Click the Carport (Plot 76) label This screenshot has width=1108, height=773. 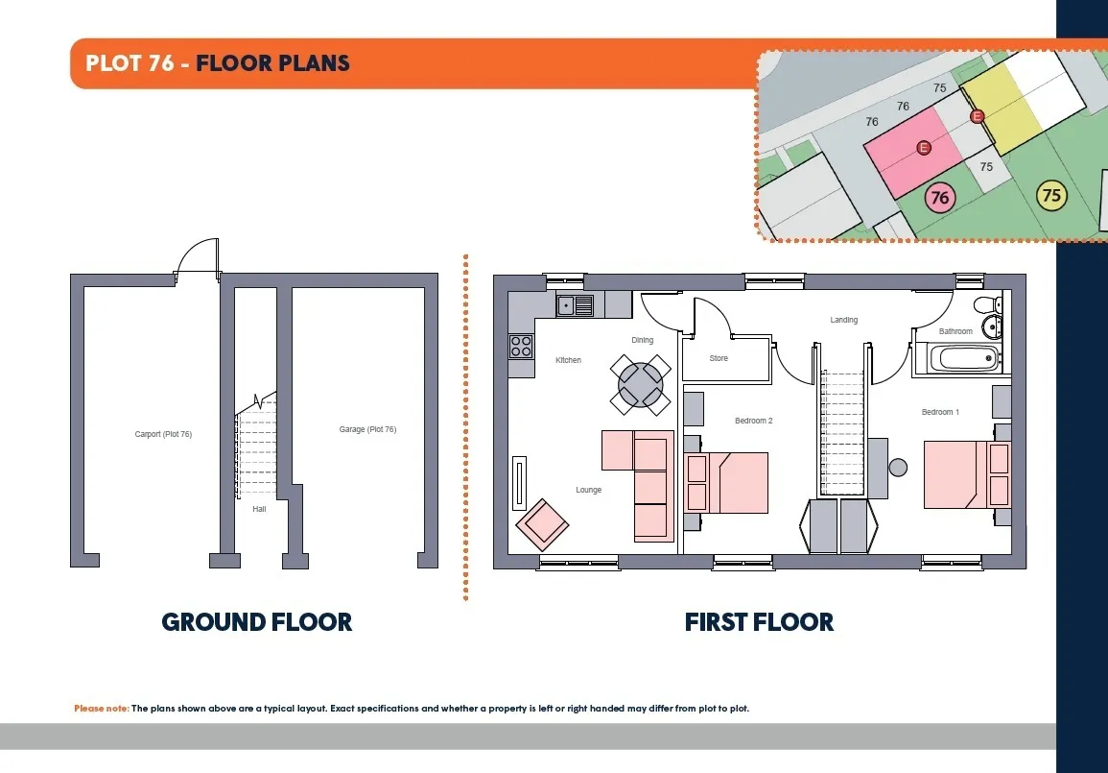pyautogui.click(x=163, y=434)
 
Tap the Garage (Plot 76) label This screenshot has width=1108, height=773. pyautogui.click(x=367, y=429)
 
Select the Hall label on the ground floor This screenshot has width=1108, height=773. pyautogui.click(x=259, y=509)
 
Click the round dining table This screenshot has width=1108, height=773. pyautogui.click(x=640, y=385)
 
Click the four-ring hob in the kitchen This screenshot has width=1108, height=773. pyautogui.click(x=522, y=347)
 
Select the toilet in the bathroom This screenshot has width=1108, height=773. pyautogui.click(x=987, y=305)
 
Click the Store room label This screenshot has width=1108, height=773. pyautogui.click(x=719, y=358)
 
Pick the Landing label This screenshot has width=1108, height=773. pyautogui.click(x=844, y=320)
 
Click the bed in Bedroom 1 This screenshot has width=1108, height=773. pyautogui.click(x=967, y=474)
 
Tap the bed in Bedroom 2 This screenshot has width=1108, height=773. pyautogui.click(x=726, y=483)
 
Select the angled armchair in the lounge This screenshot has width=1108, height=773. pyautogui.click(x=542, y=524)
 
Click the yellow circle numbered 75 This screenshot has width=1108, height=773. pyautogui.click(x=1051, y=195)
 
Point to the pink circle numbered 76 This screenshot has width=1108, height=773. pyautogui.click(x=940, y=197)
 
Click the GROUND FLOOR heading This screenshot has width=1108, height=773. pyautogui.click(x=256, y=622)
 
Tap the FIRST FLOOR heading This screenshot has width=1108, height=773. pyautogui.click(x=759, y=622)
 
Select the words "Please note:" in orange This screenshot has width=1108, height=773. pyautogui.click(x=102, y=708)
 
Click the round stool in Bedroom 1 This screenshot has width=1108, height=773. pyautogui.click(x=898, y=468)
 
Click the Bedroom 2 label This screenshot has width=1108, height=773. pyautogui.click(x=753, y=421)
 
